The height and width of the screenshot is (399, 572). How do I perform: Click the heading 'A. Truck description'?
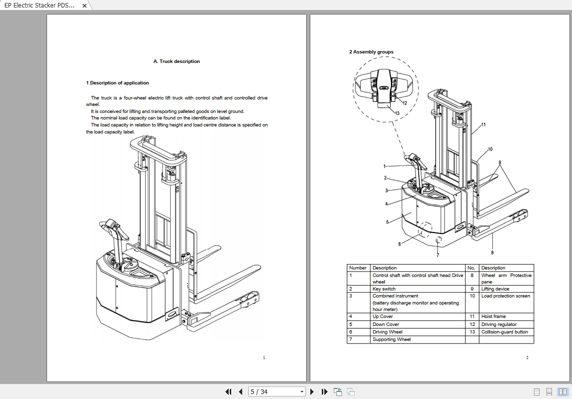(176, 61)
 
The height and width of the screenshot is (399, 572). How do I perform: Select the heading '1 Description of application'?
(118, 83)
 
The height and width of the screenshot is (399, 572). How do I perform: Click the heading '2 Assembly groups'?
(371, 52)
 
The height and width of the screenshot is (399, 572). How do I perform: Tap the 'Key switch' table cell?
(384, 289)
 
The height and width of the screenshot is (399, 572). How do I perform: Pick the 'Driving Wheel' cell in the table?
(387, 332)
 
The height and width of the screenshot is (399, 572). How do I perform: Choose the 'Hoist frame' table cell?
(493, 316)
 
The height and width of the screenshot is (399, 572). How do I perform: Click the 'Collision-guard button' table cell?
(504, 332)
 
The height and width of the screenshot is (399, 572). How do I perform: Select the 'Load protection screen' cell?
(505, 296)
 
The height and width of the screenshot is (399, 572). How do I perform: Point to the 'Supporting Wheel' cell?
(391, 339)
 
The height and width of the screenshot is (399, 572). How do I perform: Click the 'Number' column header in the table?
(358, 268)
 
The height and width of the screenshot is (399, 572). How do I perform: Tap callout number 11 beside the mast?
(483, 124)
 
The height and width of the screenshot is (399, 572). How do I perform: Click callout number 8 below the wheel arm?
(492, 252)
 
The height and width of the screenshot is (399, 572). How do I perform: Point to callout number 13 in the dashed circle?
(397, 113)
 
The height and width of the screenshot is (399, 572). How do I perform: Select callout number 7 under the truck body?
(438, 255)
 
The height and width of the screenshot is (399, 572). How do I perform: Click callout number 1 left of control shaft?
(385, 166)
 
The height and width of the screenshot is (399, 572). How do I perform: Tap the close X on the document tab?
(85, 5)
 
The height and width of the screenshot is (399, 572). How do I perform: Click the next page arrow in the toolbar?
(312, 391)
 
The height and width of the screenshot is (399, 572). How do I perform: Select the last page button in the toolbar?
(324, 391)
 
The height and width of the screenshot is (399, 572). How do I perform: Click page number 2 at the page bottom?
(527, 357)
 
